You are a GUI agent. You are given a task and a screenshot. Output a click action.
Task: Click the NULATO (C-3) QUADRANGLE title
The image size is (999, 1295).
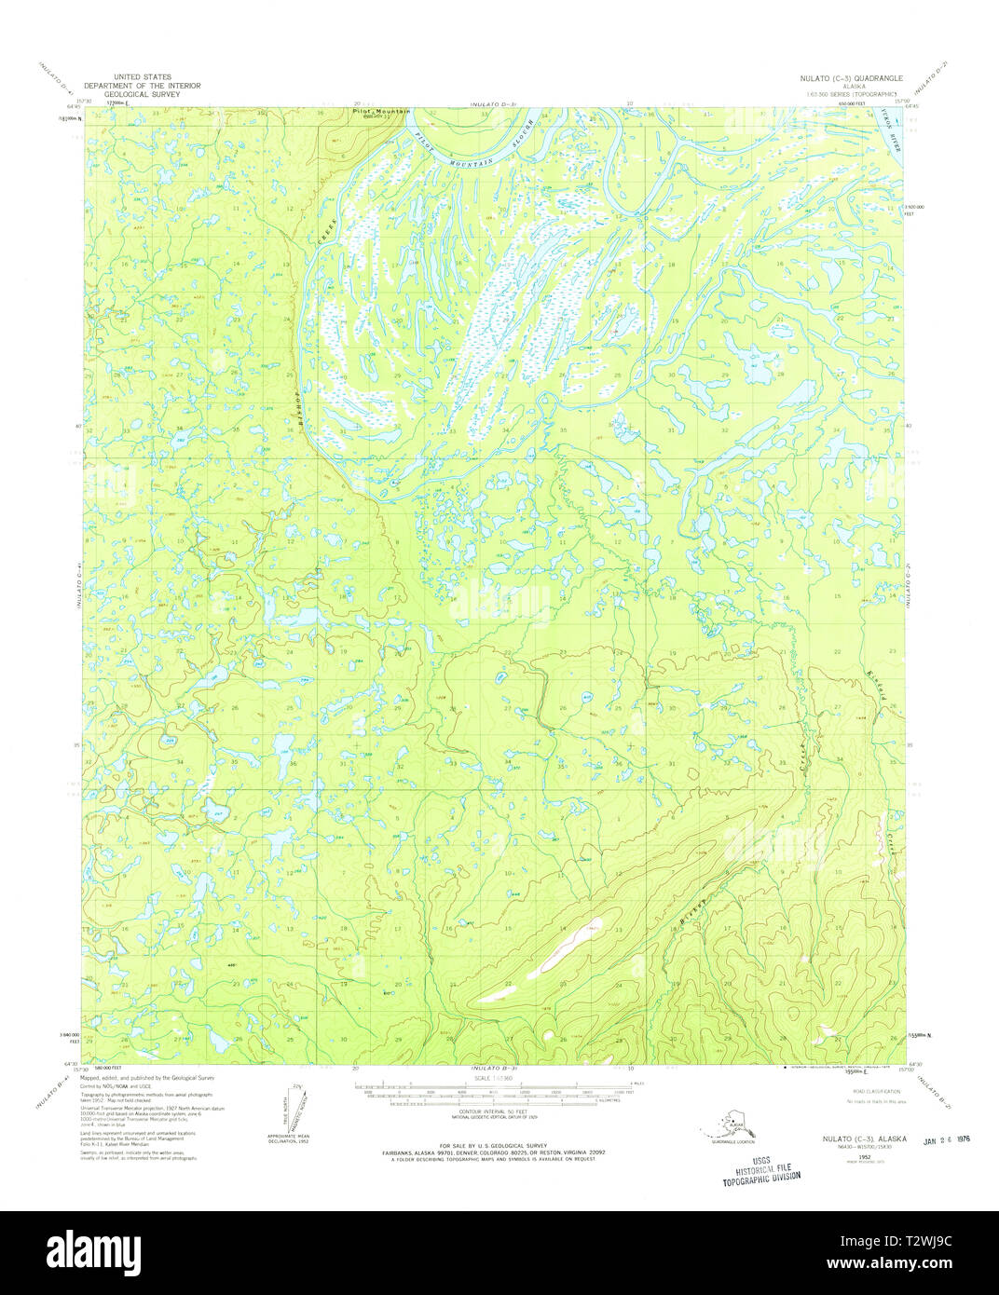coord(858,79)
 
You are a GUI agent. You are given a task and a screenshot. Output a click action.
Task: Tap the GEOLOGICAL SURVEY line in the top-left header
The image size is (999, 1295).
coord(142,94)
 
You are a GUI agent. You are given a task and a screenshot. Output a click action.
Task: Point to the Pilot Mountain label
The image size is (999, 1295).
coord(381,112)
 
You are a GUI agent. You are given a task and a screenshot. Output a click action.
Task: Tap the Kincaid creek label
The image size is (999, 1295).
coord(874,687)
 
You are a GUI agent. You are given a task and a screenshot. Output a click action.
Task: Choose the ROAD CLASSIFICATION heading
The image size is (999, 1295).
coord(874,1090)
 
